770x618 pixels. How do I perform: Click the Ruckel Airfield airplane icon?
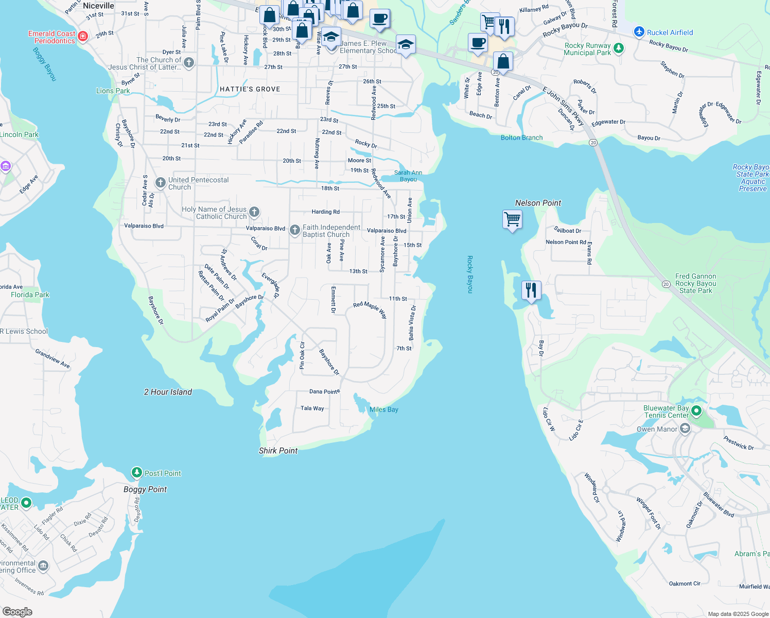tap(639, 32)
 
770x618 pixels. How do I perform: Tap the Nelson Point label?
tap(538, 203)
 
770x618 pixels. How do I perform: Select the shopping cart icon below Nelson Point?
tap(512, 219)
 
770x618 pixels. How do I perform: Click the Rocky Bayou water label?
tap(469, 274)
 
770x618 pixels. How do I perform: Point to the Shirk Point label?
tap(278, 451)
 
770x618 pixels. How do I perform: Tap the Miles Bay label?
tap(384, 409)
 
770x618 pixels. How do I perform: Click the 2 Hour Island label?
tap(168, 392)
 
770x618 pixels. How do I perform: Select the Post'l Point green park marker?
tap(136, 473)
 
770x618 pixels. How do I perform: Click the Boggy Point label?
tap(145, 489)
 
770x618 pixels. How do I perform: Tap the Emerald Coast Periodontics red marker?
tap(83, 36)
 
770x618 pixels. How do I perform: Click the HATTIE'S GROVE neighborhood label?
tap(250, 89)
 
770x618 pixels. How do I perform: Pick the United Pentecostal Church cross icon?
tap(160, 183)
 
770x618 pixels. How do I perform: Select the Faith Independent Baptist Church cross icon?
tap(294, 230)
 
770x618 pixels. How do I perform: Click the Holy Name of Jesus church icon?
tap(254, 212)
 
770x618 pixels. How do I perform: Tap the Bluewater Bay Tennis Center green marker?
tap(696, 411)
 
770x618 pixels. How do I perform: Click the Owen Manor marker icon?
tap(685, 428)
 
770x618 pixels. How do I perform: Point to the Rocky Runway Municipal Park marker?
tap(619, 48)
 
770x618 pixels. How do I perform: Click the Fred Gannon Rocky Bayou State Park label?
tap(696, 283)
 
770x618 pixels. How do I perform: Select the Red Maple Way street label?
tap(370, 308)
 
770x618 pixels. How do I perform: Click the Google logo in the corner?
tap(17, 611)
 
